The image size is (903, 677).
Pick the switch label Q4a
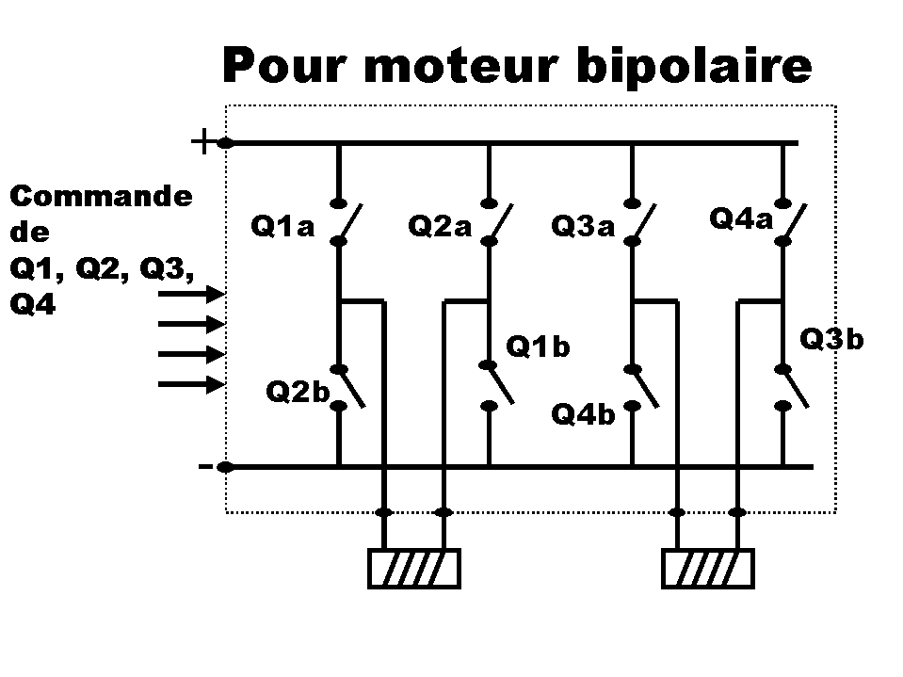[740, 219]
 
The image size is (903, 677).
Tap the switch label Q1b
[538, 347]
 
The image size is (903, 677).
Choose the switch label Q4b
[583, 414]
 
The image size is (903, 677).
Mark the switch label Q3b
[831, 339]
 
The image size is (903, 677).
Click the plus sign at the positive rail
[202, 142]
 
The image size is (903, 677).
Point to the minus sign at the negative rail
[205, 466]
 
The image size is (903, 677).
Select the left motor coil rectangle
[414, 568]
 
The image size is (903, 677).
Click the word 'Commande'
[101, 197]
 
